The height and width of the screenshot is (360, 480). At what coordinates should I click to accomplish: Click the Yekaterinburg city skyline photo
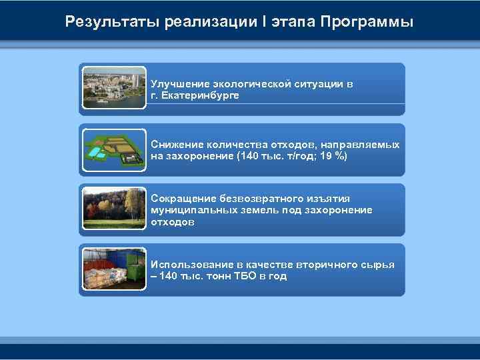pyautogui.click(x=114, y=87)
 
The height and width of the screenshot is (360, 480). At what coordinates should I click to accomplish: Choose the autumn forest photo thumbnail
pyautogui.click(x=114, y=209)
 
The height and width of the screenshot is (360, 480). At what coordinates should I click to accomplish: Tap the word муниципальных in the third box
pyautogui.click(x=190, y=210)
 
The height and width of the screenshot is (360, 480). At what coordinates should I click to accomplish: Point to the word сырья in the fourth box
pyautogui.click(x=379, y=265)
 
